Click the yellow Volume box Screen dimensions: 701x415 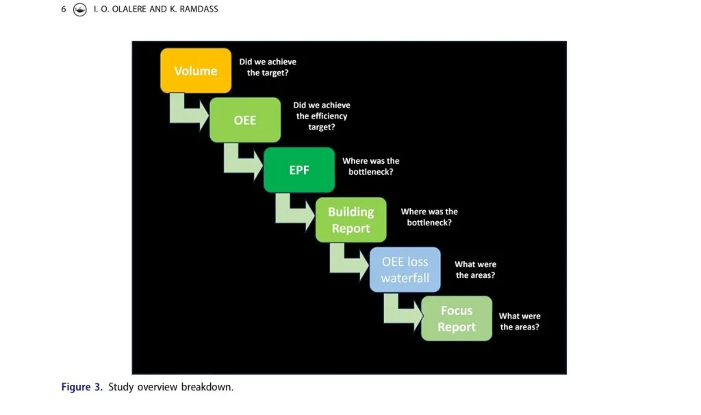[196, 71]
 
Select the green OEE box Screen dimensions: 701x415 [245, 120]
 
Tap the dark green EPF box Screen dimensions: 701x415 [299, 170]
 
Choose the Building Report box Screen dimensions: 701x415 [351, 220]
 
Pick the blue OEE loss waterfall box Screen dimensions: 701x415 [405, 270]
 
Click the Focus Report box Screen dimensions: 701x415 [457, 318]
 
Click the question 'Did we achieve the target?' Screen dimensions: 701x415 [268, 67]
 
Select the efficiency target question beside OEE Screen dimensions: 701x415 [322, 116]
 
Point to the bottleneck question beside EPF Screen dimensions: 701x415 [371, 166]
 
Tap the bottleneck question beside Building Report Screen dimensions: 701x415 [429, 217]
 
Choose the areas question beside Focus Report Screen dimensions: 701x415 [520, 322]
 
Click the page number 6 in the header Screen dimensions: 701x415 [64, 9]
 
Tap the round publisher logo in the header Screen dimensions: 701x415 [80, 10]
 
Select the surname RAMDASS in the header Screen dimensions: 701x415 [199, 9]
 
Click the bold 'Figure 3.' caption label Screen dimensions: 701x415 [82, 387]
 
